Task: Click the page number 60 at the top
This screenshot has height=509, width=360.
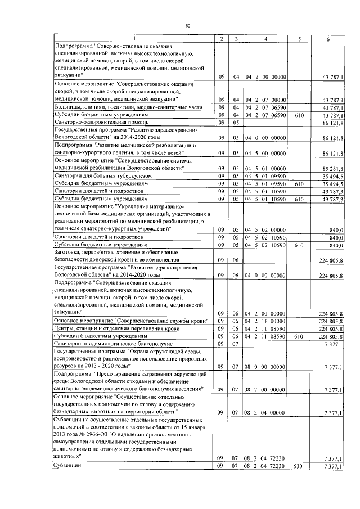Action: click(187, 26)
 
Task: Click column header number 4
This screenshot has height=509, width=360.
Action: click(265, 38)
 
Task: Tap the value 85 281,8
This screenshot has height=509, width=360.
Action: click(334, 168)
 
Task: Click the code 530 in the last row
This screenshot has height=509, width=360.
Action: click(299, 466)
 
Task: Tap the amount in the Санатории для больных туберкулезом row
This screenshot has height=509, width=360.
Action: click(334, 176)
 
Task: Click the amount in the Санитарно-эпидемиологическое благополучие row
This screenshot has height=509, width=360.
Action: click(336, 343)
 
